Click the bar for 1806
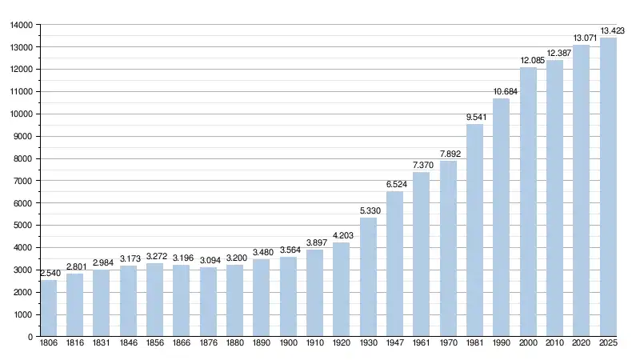click(x=48, y=308)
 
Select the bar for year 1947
click(x=394, y=264)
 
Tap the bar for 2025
click(x=608, y=187)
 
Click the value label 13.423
click(x=612, y=31)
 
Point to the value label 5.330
click(x=368, y=211)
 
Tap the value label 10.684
click(x=505, y=92)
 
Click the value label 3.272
click(x=154, y=257)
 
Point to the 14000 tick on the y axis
click(x=21, y=25)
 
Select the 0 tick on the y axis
click(x=30, y=337)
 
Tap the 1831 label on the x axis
click(x=102, y=344)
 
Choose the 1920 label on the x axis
click(x=342, y=344)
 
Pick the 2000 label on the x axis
click(x=528, y=344)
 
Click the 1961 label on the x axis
click(x=422, y=344)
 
